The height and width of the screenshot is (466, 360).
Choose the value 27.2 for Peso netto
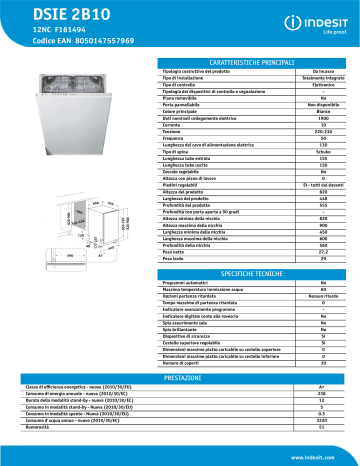click(323, 252)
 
